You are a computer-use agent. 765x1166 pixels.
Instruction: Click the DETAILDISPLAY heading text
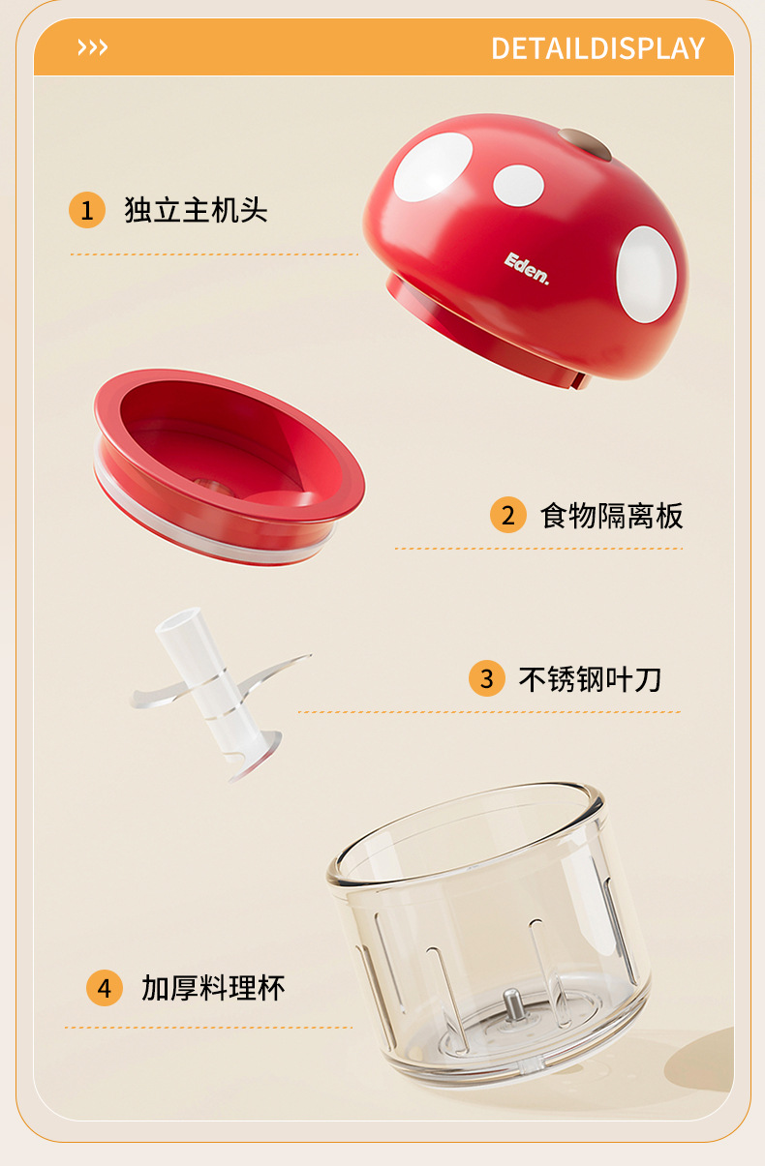tap(597, 47)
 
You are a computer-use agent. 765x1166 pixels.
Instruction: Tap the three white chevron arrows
tap(93, 47)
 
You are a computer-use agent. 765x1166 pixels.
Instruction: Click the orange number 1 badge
tap(87, 210)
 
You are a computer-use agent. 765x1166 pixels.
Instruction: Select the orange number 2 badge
tap(507, 515)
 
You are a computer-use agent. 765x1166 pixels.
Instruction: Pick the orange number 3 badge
tap(487, 678)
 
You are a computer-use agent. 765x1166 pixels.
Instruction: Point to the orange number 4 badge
tap(105, 988)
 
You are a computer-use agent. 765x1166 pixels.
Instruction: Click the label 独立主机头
tap(196, 210)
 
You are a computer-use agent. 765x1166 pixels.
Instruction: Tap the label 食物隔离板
tap(611, 516)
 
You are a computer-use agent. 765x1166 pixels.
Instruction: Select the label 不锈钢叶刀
tap(590, 679)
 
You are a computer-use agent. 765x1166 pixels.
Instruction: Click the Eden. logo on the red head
tap(527, 269)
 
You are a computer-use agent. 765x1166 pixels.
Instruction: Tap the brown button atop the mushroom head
tap(585, 145)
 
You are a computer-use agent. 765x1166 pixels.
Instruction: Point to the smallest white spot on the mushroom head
tap(518, 186)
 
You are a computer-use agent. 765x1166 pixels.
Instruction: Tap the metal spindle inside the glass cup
tap(512, 1005)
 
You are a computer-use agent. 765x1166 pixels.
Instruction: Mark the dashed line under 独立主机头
tap(214, 254)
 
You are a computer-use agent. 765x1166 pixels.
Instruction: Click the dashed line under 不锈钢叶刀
tap(490, 711)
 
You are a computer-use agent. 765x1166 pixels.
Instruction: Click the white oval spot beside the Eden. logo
tap(646, 274)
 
